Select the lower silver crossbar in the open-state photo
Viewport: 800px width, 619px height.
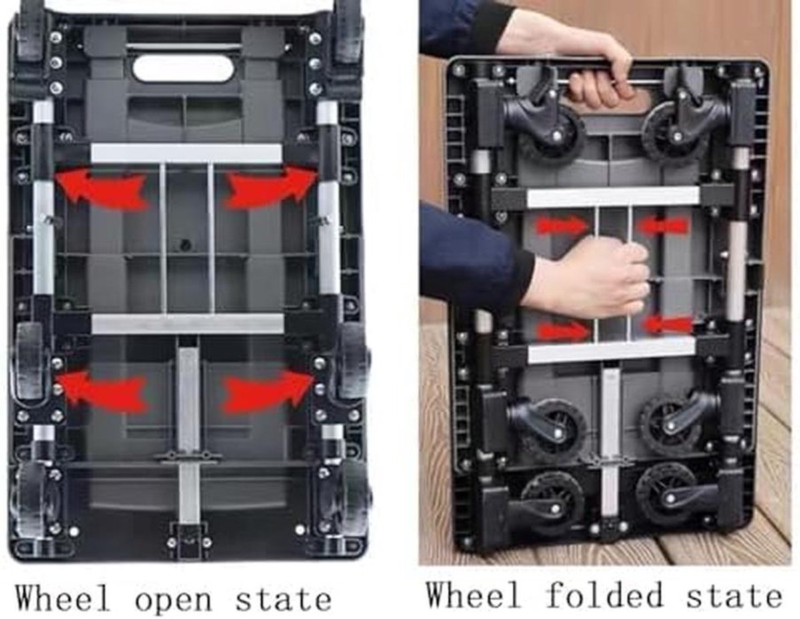coord(187,324)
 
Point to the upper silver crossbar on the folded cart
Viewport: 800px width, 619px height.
coord(613,197)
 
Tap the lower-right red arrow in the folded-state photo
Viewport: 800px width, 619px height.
coord(667,324)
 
